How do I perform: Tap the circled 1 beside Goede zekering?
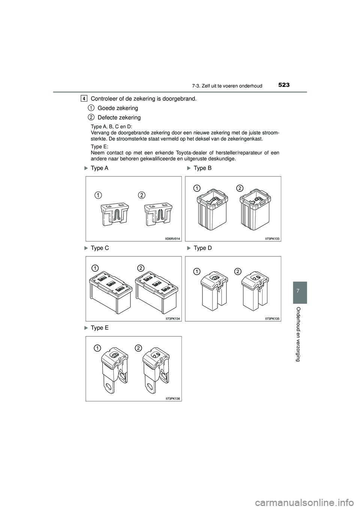pyautogui.click(x=91, y=108)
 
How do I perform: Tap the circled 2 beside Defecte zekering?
pyautogui.click(x=91, y=117)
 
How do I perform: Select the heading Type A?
pyautogui.click(x=99, y=168)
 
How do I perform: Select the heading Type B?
pyautogui.click(x=202, y=168)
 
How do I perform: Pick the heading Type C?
pyautogui.click(x=100, y=248)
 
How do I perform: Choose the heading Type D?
pyautogui.click(x=203, y=248)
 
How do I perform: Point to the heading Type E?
pyautogui.click(x=99, y=328)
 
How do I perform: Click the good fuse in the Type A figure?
pyautogui.click(x=114, y=215)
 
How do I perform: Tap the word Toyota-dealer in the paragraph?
pyautogui.click(x=195, y=153)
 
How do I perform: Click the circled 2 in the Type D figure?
pyautogui.click(x=237, y=271)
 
